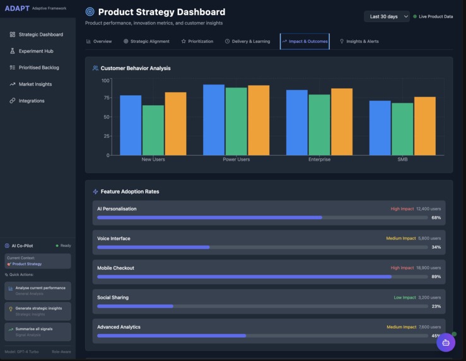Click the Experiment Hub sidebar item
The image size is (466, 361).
[35, 51]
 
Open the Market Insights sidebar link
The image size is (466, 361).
[35, 84]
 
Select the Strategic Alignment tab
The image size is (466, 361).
[146, 42]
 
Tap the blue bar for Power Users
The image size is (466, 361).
[214, 120]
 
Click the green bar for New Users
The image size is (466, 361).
[153, 130]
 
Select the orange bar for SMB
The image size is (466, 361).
[424, 126]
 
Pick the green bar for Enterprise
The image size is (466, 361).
[319, 125]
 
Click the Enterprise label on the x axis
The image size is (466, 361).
[319, 159]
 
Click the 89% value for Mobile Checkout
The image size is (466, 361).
[436, 277]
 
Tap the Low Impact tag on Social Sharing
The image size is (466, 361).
[405, 297]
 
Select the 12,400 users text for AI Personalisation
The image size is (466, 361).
[428, 209]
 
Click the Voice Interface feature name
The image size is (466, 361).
[114, 238]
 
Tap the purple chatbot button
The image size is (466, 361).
[446, 343]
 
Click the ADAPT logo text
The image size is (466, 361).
[17, 8]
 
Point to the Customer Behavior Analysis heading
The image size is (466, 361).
[135, 68]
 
